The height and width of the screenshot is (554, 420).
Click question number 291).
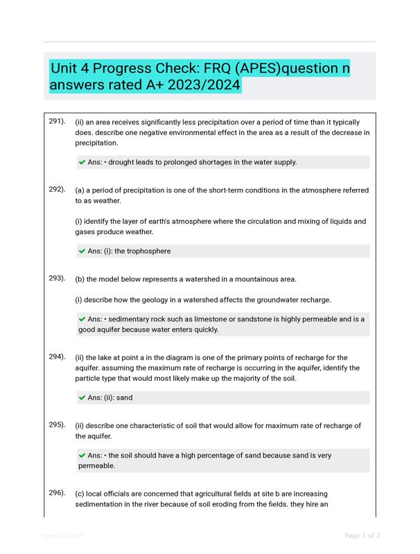(x=57, y=121)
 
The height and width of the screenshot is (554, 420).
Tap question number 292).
(x=57, y=189)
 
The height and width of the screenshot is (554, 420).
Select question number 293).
(x=57, y=278)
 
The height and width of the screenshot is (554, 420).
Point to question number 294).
(x=57, y=357)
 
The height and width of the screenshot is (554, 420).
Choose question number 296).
(x=57, y=492)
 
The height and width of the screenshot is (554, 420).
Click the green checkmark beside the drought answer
(x=82, y=163)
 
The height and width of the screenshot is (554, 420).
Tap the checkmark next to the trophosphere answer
(x=82, y=251)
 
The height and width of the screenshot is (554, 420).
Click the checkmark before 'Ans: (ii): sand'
(x=82, y=398)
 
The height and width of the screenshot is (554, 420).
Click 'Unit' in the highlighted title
(x=64, y=70)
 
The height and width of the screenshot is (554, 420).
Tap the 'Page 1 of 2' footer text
(x=362, y=535)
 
